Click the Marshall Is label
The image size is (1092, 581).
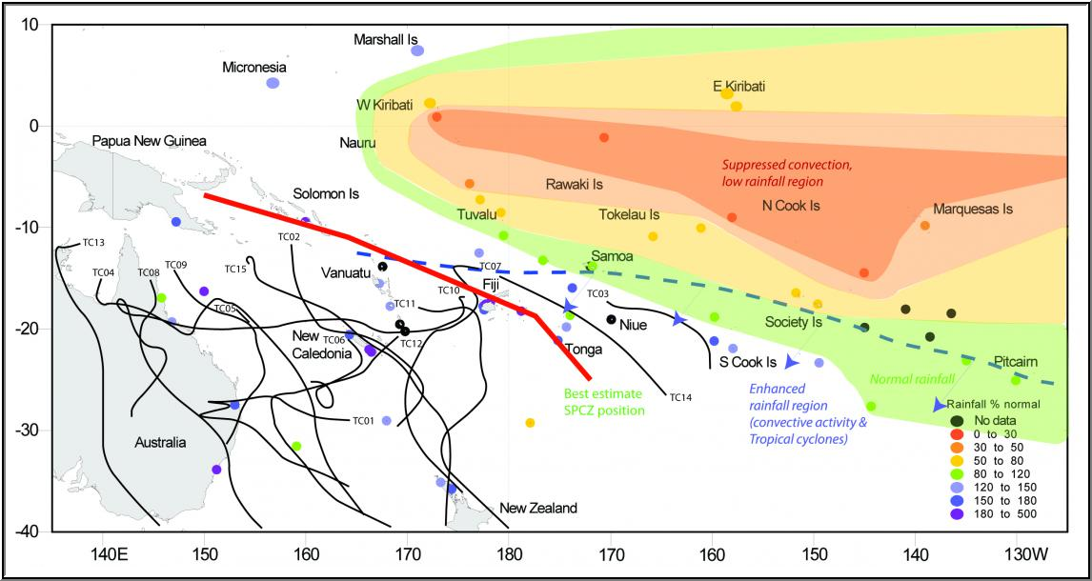coord(386,40)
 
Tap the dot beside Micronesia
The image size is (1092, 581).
coord(273,83)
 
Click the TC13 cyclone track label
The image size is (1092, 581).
coord(93,242)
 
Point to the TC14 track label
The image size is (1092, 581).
coord(680,397)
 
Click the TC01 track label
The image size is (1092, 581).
coord(362,420)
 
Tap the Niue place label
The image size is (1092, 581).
coord(634,326)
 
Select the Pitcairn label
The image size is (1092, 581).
coord(1016,362)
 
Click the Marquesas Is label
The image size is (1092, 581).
coord(973,209)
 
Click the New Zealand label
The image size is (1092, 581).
coord(538,509)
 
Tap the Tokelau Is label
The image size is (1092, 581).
coord(629,214)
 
